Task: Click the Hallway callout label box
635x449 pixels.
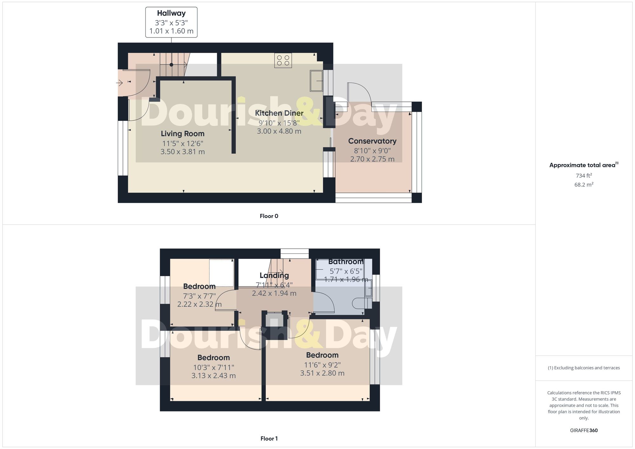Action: [171, 22]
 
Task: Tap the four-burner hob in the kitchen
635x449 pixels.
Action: [283, 60]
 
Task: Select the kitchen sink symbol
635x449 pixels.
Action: [316, 81]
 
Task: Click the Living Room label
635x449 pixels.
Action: [183, 134]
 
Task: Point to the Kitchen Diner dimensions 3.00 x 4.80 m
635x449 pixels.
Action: [279, 131]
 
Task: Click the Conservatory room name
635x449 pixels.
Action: [372, 141]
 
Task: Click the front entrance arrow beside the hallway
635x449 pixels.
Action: [119, 83]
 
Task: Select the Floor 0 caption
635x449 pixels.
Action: [269, 216]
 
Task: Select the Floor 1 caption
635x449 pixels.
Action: [269, 439]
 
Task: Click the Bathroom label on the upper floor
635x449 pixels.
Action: [346, 262]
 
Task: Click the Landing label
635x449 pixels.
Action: [274, 275]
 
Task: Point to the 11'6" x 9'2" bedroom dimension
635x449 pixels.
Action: [322, 365]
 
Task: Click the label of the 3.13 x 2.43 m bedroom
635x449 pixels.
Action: [213, 358]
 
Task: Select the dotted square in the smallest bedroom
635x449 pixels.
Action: [221, 273]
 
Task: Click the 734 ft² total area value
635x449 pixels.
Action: [584, 175]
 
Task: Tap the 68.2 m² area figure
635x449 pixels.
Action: [584, 185]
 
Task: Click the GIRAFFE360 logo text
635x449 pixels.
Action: [584, 430]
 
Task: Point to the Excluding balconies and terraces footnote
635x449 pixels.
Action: [584, 368]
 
